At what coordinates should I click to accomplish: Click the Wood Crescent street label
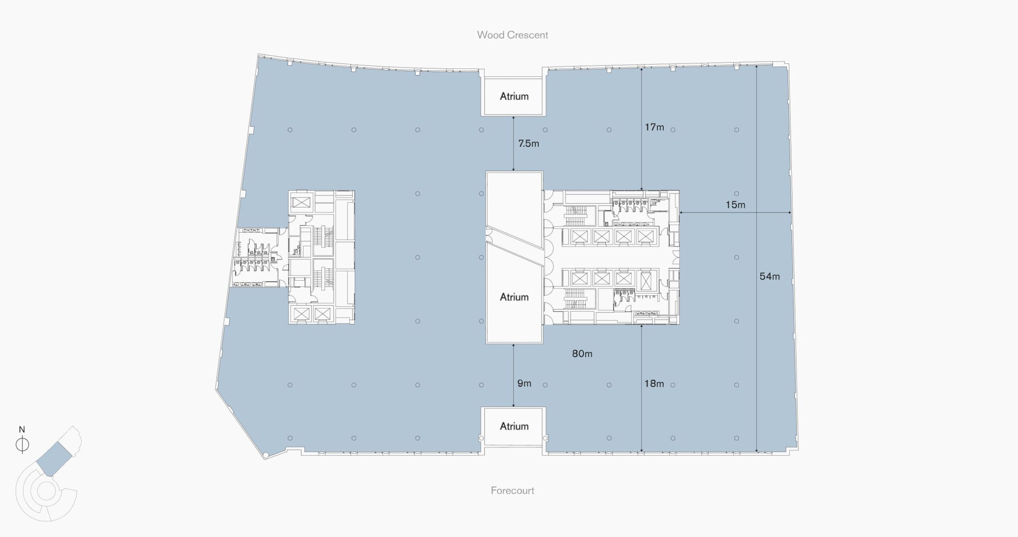click(x=512, y=35)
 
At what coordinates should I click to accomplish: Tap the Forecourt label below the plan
click(x=512, y=490)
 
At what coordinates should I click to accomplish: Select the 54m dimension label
click(x=769, y=276)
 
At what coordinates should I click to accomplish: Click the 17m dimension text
click(x=654, y=127)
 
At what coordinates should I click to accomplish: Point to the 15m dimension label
click(x=735, y=205)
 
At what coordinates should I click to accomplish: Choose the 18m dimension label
click(x=654, y=384)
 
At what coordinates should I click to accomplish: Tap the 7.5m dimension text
click(x=528, y=143)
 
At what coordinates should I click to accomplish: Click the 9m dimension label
click(x=524, y=383)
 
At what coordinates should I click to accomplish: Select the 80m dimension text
click(x=582, y=353)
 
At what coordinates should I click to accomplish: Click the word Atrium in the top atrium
click(x=514, y=96)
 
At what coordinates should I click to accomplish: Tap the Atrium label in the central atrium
click(x=514, y=297)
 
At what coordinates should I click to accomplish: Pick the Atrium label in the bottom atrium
click(x=514, y=426)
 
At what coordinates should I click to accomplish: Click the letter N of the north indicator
click(x=22, y=429)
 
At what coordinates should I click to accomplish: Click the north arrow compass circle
click(x=22, y=444)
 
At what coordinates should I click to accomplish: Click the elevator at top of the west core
click(x=301, y=202)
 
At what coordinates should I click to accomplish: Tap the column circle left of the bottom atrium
click(x=482, y=438)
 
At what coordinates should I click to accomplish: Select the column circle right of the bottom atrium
click(x=545, y=438)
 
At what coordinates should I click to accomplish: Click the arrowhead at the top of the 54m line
click(x=756, y=67)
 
